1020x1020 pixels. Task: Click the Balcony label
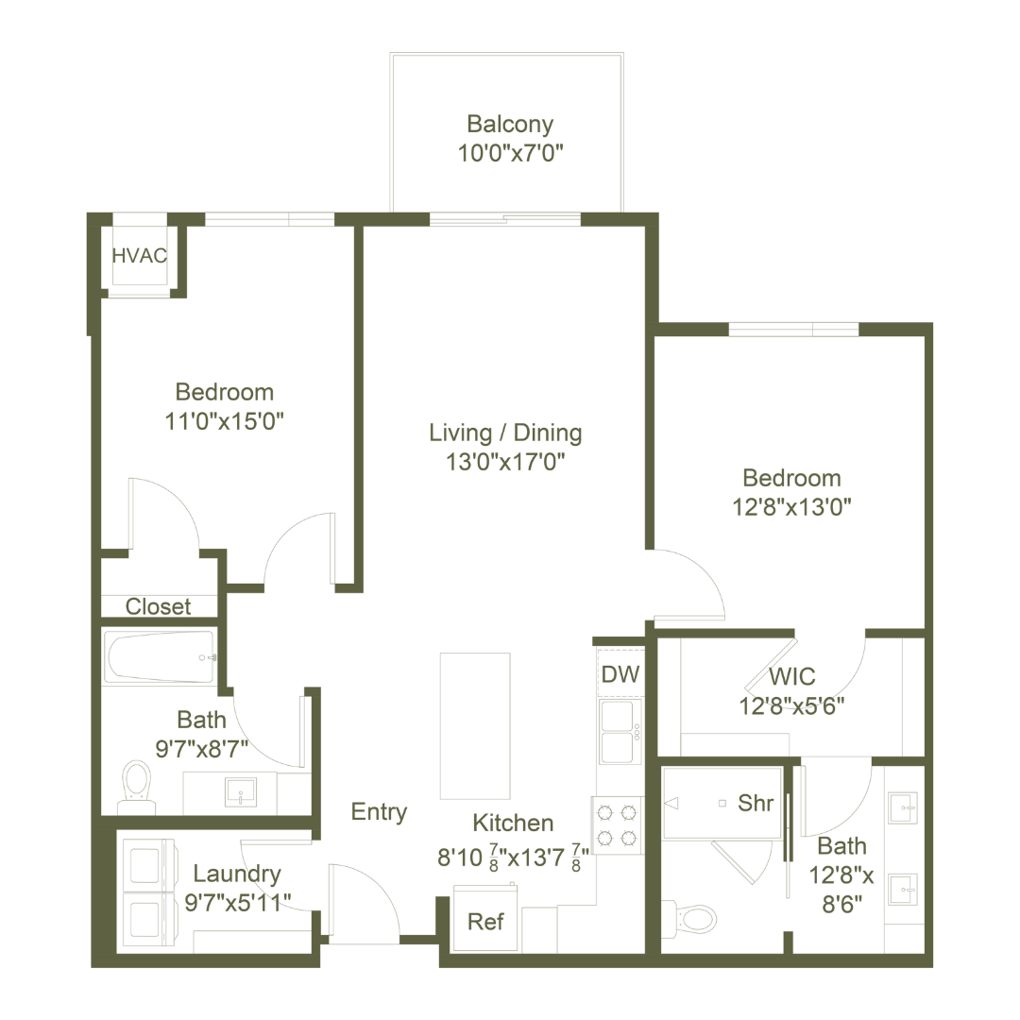point(509,124)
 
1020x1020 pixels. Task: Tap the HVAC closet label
point(141,255)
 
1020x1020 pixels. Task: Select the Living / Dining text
point(504,433)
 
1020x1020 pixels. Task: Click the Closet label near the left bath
point(159,607)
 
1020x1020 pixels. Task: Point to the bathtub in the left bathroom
point(159,656)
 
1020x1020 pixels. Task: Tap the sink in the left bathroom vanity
point(243,791)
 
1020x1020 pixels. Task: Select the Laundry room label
point(236,874)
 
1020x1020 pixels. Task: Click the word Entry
point(379,811)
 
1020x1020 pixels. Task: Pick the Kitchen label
point(514,824)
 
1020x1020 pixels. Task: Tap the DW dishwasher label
point(620,674)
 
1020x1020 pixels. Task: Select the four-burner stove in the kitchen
point(619,824)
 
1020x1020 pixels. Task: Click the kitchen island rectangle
point(475,725)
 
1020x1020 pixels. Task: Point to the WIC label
point(792,677)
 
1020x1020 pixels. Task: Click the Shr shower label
point(756,804)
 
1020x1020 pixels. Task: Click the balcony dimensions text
point(509,153)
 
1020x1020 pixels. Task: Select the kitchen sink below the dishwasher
point(620,729)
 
